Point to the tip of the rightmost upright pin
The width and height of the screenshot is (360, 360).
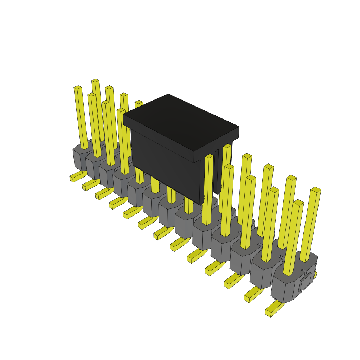point(316,189)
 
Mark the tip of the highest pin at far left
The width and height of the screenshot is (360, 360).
point(95,81)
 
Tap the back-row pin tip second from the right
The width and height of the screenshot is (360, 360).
point(291,177)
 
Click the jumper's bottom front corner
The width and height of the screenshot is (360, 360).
point(201,203)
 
